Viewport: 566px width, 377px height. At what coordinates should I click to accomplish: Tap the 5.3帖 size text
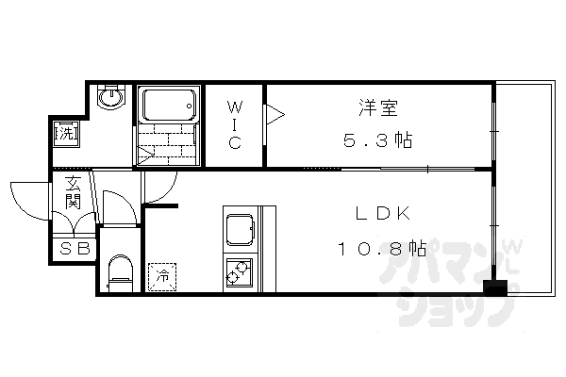coord(376,140)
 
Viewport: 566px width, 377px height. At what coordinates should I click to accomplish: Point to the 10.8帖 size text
coord(382,250)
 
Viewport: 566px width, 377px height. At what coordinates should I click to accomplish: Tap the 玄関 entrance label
coord(73,193)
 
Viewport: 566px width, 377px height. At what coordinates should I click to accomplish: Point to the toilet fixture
coord(119,273)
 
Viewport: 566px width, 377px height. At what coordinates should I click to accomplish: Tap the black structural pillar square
coord(491,287)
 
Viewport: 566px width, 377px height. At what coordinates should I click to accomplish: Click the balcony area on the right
coord(523,188)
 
